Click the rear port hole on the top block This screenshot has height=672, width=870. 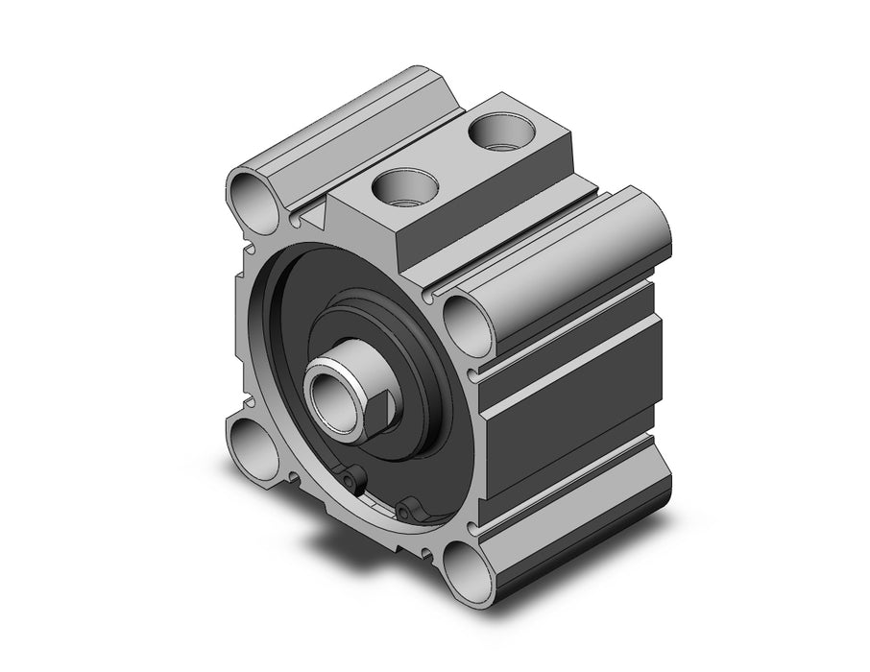pos(502,132)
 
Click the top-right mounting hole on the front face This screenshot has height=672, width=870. pos(469,323)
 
